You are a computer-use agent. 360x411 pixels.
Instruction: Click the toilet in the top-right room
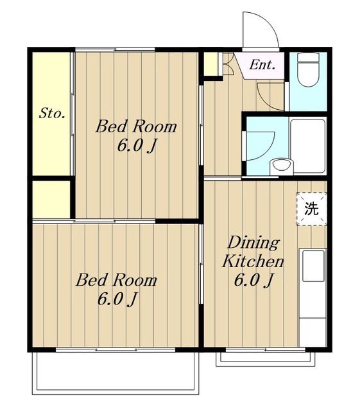(308, 69)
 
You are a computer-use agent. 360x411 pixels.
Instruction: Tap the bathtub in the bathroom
(308, 146)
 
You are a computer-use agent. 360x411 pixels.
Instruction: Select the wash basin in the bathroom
(282, 166)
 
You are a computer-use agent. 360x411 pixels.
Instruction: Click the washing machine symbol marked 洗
(311, 209)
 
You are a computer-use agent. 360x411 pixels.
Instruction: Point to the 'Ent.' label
(262, 65)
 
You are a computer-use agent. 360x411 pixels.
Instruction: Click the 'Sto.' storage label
(52, 114)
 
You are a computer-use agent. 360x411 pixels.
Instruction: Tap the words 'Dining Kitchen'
(253, 252)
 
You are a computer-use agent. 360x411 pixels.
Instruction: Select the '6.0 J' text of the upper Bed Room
(137, 146)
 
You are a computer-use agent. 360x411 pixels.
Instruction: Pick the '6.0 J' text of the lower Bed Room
(117, 299)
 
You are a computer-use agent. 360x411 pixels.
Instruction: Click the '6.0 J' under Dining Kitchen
(253, 280)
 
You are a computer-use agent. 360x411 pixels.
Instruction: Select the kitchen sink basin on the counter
(313, 266)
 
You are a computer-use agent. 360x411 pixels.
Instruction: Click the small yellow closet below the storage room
(51, 199)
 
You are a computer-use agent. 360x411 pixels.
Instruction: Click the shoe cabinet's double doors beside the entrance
(228, 64)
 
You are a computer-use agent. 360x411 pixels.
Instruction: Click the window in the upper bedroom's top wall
(115, 49)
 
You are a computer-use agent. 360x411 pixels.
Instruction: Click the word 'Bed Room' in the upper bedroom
(136, 127)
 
